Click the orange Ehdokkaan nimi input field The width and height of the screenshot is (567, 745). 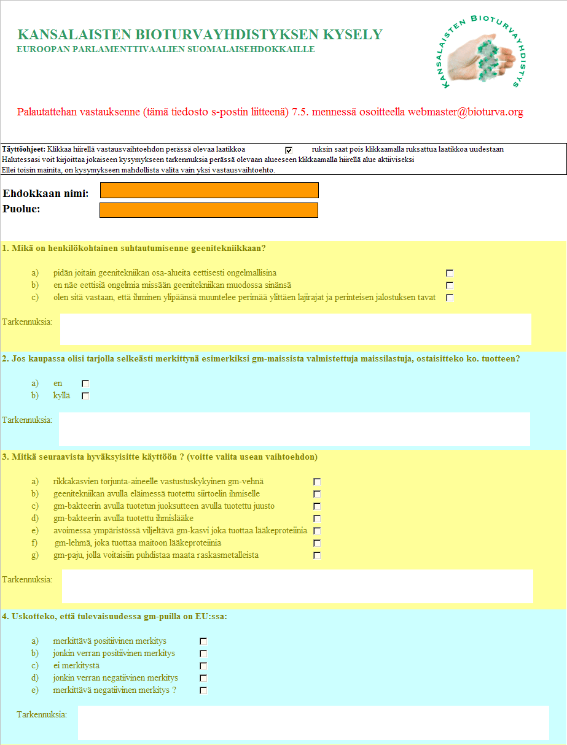(x=209, y=190)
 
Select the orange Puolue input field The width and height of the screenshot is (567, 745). (x=209, y=210)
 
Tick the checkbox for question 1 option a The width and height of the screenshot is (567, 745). (x=450, y=273)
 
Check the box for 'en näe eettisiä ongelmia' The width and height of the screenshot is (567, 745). (x=450, y=285)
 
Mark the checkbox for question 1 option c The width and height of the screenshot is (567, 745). (x=450, y=298)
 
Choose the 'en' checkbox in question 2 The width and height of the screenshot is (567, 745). (x=85, y=384)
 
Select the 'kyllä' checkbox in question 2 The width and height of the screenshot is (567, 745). (x=85, y=396)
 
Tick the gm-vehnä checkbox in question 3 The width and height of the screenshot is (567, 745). (x=317, y=482)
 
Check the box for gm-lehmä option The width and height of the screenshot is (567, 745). (x=317, y=543)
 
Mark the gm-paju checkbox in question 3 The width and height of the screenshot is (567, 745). (x=317, y=555)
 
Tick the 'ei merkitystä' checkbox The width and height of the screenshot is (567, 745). (x=203, y=666)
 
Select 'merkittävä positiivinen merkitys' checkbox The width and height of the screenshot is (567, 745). (x=203, y=641)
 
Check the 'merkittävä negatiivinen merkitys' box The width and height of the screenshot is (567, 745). (x=203, y=690)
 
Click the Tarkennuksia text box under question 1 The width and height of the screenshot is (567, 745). (x=295, y=330)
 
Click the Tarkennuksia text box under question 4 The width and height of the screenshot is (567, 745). (x=313, y=722)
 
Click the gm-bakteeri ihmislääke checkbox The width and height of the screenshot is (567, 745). (x=317, y=519)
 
